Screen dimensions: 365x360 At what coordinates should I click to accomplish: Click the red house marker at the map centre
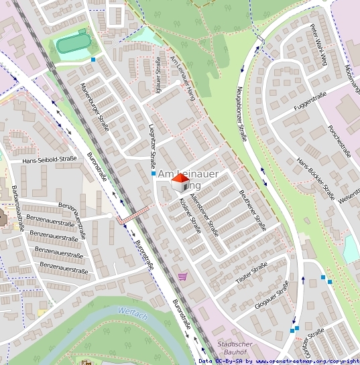(x=180, y=181)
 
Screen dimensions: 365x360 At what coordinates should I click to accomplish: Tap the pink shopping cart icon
(x=182, y=276)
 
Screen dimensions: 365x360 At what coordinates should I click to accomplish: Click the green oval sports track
(x=72, y=45)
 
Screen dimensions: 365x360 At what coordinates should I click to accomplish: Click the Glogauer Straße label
(x=272, y=295)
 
